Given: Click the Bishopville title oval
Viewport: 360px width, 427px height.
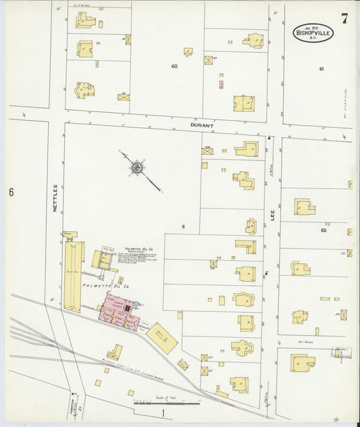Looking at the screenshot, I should (x=313, y=32).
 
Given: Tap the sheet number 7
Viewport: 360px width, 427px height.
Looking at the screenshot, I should (x=344, y=18).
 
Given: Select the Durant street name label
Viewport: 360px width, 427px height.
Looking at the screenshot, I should (x=202, y=126).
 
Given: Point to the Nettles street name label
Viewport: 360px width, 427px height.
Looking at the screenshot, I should (x=55, y=199).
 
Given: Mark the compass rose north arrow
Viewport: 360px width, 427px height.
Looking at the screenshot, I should (x=138, y=166).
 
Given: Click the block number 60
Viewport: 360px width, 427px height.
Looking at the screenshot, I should (x=174, y=66).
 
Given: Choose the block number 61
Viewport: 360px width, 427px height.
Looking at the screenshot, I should (x=322, y=69).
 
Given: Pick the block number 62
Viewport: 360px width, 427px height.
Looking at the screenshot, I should (x=324, y=230).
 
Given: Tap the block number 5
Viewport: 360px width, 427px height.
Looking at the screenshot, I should (x=182, y=226).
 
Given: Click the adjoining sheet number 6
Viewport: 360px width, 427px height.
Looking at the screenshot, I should (x=11, y=193).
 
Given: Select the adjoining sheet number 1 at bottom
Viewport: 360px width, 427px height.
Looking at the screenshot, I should (x=163, y=412).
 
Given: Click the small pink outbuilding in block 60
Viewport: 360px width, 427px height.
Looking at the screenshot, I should (x=221, y=84).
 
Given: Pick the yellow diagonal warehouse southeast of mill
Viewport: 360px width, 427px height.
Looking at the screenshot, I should (x=161, y=337).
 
